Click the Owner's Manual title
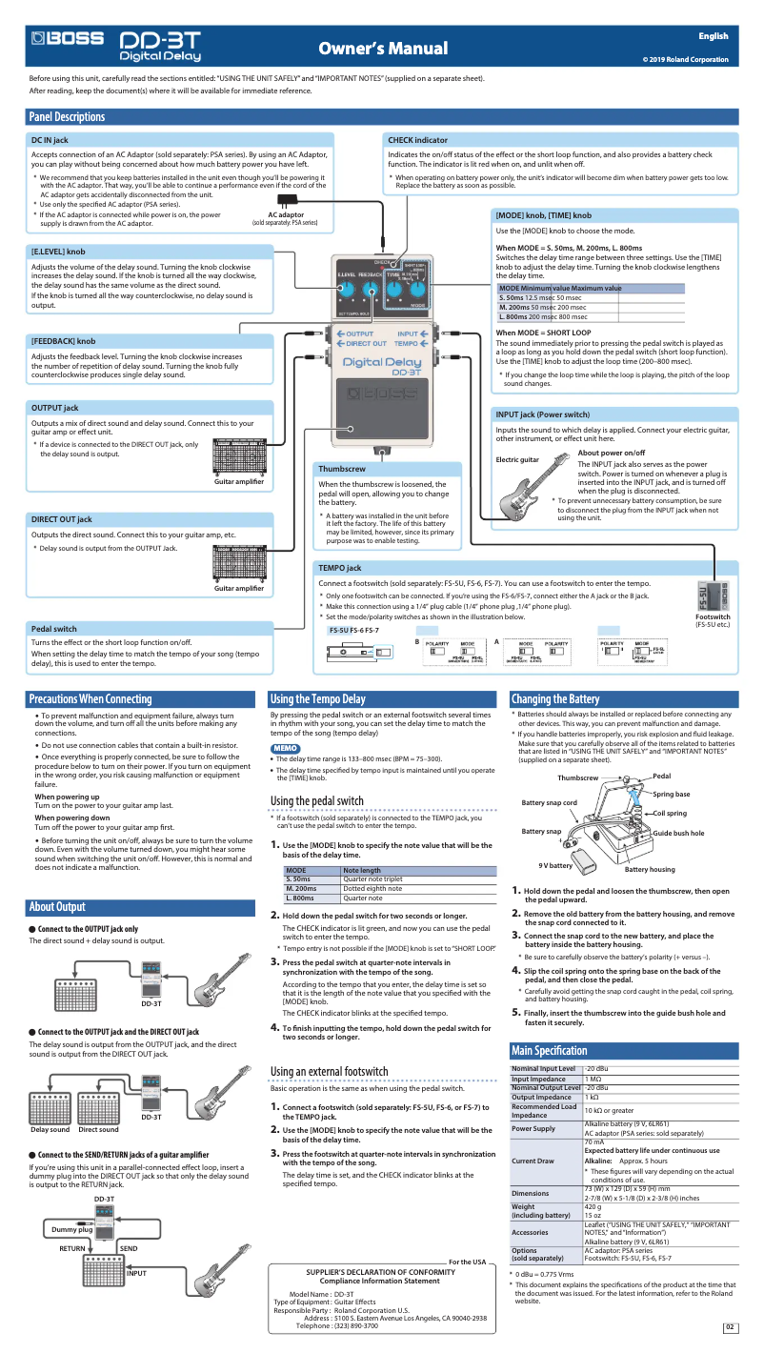pos(382,49)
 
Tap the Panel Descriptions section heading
pos(67,116)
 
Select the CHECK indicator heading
pos(417,140)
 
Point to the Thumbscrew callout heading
pos(341,469)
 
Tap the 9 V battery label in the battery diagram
pos(554,865)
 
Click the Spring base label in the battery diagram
pos(671,794)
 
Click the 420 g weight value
pos(594,1206)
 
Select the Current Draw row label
pos(532,1161)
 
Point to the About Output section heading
pos(57,906)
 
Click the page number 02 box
pos(730,1327)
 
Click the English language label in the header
pos(713,36)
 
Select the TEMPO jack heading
pos(339,568)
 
